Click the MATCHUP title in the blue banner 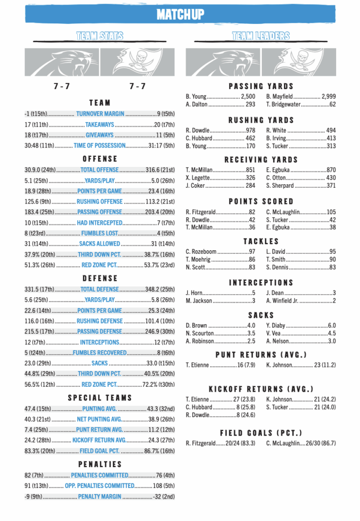coord(180,14)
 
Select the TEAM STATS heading coord(100,36)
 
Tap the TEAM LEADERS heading coord(261,36)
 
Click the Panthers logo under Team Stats coord(62,62)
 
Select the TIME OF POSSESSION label coord(99,146)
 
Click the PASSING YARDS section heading coord(261,86)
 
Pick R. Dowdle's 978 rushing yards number coord(250,130)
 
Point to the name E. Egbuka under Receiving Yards coord(278,170)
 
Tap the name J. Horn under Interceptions coord(195,293)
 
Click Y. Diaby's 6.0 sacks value coord(332,325)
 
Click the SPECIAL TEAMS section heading coord(100,398)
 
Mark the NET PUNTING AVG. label coord(99,419)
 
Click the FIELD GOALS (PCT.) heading coord(261,433)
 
